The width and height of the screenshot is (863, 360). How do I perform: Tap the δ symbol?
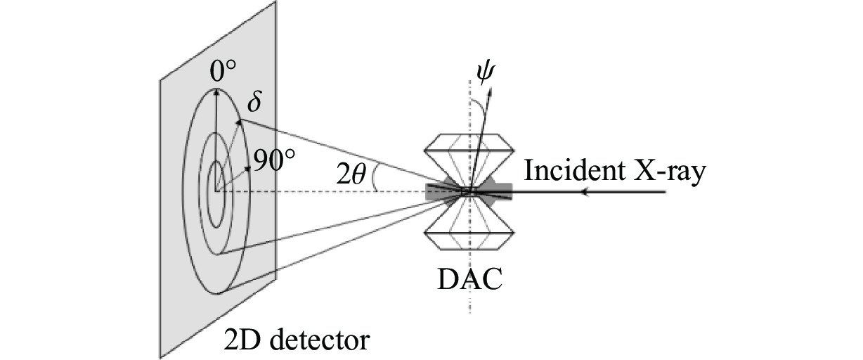[254, 103]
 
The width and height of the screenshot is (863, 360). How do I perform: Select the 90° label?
[273, 162]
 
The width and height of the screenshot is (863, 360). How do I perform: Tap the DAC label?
[469, 279]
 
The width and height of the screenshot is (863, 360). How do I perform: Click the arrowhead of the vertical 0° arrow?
[216, 90]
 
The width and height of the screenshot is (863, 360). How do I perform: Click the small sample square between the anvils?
[467, 191]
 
